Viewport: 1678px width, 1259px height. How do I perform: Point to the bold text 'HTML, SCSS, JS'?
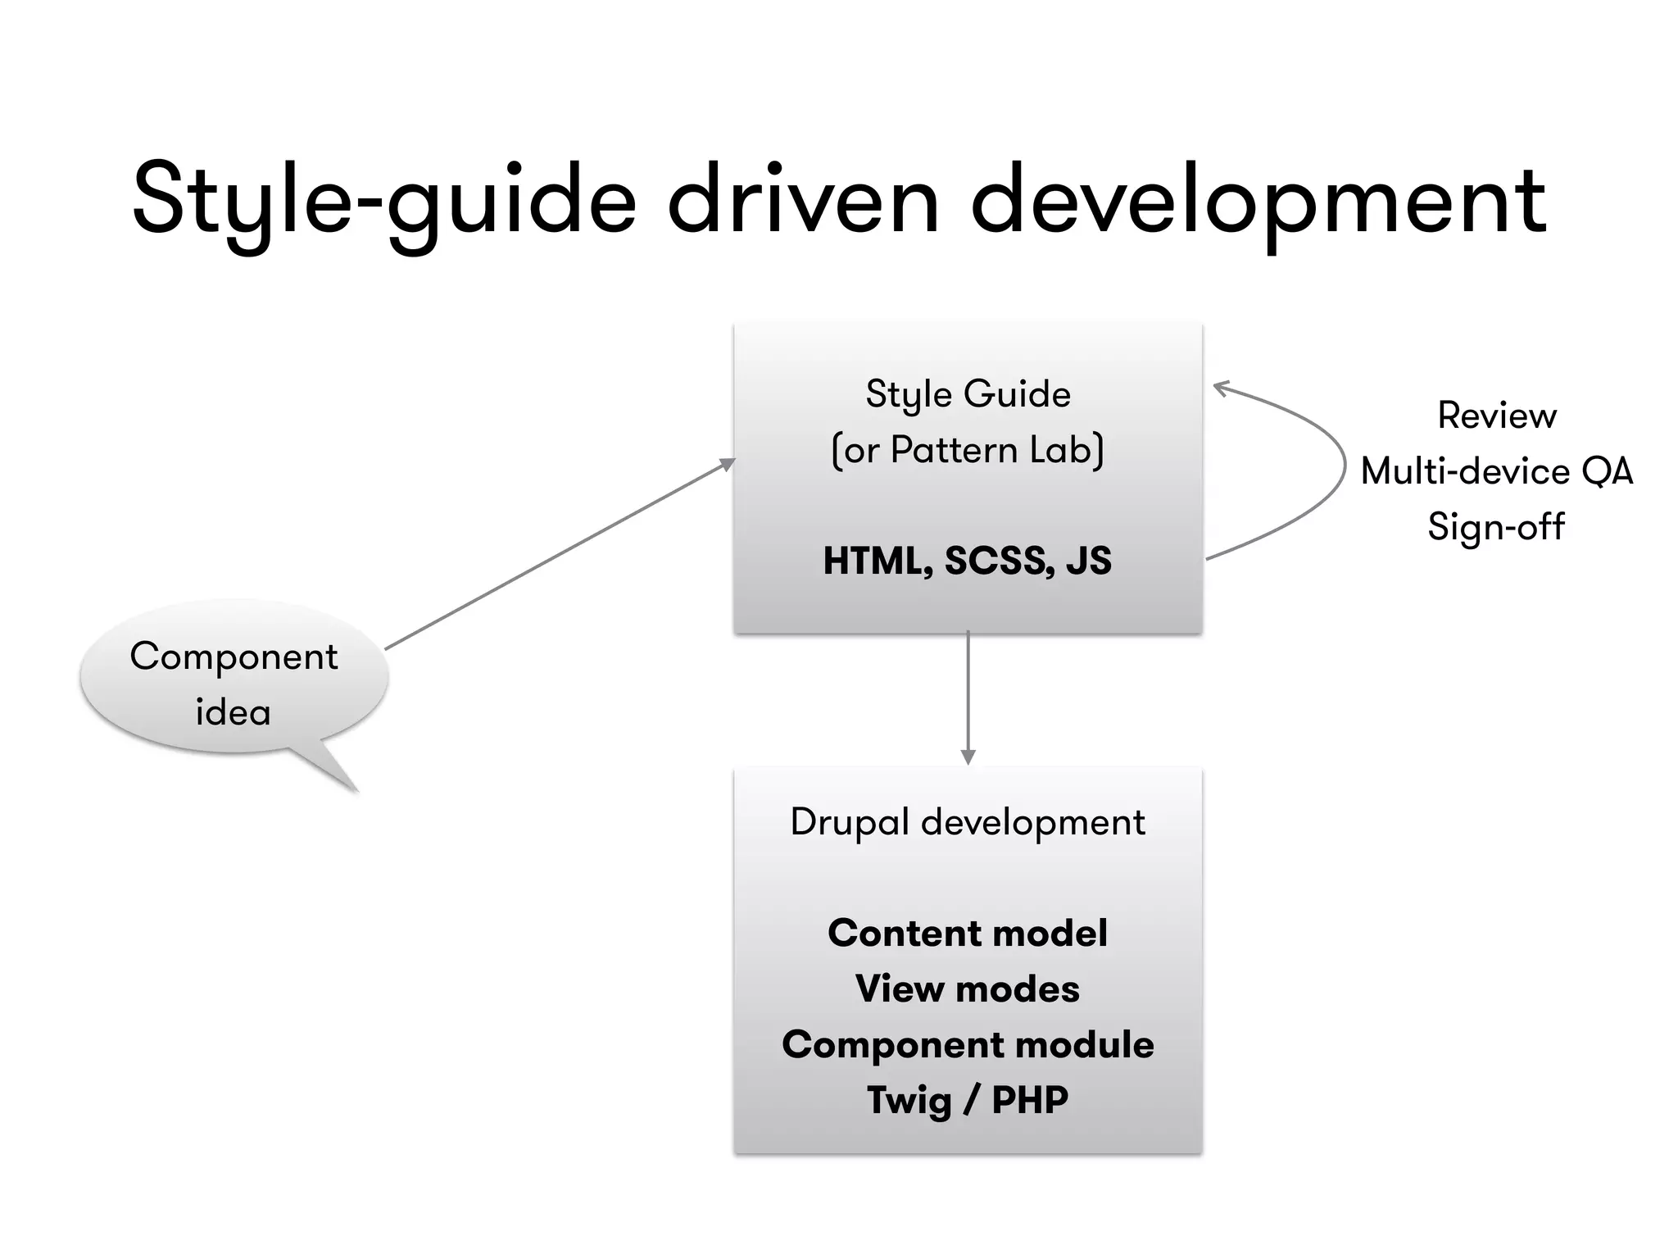pos(968,561)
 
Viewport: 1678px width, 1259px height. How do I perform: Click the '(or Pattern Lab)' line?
pos(968,450)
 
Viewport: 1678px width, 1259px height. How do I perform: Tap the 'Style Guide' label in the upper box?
pos(968,394)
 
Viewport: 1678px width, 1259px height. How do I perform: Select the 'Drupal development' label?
pos(968,822)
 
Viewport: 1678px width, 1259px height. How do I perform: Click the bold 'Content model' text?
pos(968,934)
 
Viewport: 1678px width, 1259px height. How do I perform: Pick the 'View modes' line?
pos(968,989)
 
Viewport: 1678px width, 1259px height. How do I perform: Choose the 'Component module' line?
pos(968,1045)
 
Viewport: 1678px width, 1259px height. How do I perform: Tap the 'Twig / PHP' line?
pos(968,1101)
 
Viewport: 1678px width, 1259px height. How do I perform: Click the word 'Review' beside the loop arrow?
pos(1497,416)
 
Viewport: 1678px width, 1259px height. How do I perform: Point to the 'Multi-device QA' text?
pos(1497,471)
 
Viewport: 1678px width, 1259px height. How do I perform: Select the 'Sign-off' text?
pos(1497,527)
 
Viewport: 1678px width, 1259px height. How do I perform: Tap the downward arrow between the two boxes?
pos(968,697)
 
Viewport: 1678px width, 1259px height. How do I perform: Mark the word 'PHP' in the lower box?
pos(1030,1101)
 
